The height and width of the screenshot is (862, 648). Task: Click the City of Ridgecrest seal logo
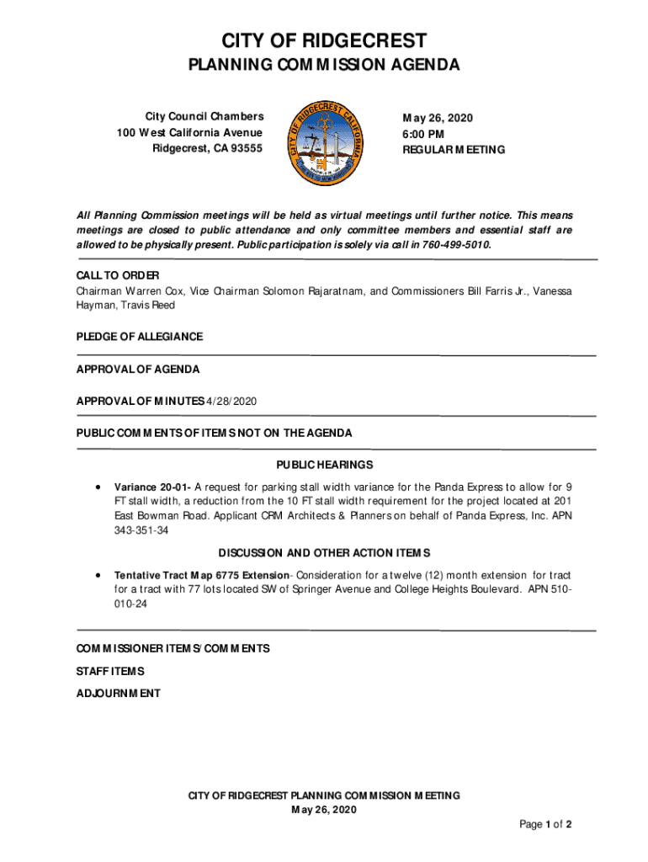(325, 142)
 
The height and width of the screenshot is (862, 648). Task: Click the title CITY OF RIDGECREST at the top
(324, 40)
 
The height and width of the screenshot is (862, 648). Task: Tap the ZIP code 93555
(244, 149)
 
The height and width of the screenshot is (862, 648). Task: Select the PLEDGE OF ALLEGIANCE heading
(140, 337)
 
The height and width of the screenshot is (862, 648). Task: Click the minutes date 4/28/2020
(231, 402)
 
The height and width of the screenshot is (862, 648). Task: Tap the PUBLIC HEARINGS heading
(324, 466)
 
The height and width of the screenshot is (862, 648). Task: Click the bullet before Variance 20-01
(99, 487)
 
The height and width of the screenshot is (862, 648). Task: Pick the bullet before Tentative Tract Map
(99, 575)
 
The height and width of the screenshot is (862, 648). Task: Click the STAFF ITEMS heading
(110, 671)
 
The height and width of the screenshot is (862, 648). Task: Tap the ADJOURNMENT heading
(118, 694)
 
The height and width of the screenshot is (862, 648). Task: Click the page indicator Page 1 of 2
(545, 825)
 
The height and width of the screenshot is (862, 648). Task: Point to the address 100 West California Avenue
(190, 133)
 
